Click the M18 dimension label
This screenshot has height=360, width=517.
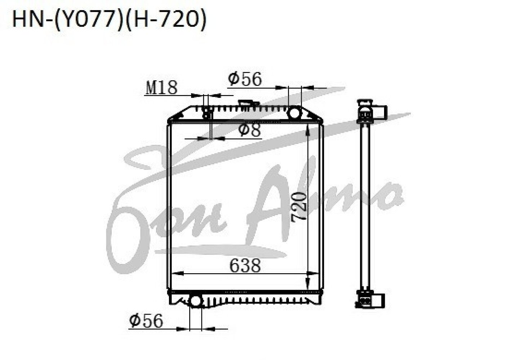(x=161, y=87)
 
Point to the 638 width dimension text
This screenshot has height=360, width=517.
(x=245, y=265)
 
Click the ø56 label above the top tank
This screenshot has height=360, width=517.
(x=245, y=78)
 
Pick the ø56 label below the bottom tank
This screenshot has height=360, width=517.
(x=146, y=320)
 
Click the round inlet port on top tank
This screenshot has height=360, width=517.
(x=294, y=113)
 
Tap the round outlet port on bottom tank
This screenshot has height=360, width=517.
(x=196, y=301)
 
